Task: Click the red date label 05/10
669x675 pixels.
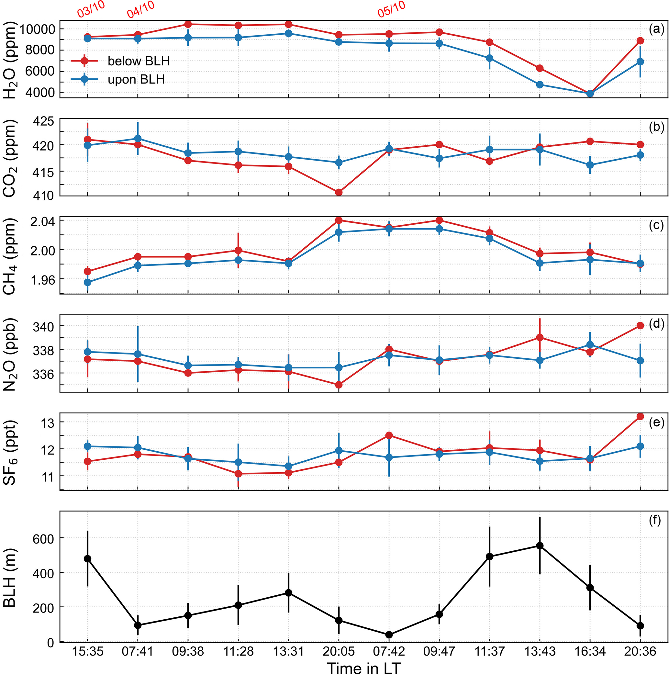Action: pos(391,9)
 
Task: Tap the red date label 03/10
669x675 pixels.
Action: pos(91,9)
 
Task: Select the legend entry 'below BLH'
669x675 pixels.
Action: pos(138,61)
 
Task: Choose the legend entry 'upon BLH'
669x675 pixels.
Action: pos(136,80)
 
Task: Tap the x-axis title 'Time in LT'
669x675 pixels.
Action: pos(364,667)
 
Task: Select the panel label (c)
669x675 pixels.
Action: pos(656,226)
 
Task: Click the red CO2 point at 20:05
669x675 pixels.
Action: pos(339,192)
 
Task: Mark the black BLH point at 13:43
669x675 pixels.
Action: pos(540,546)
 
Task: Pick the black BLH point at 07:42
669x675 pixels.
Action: pos(389,635)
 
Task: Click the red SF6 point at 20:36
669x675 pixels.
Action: pos(640,416)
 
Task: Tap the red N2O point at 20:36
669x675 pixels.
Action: pos(640,326)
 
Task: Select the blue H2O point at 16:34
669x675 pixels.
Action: pos(590,94)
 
